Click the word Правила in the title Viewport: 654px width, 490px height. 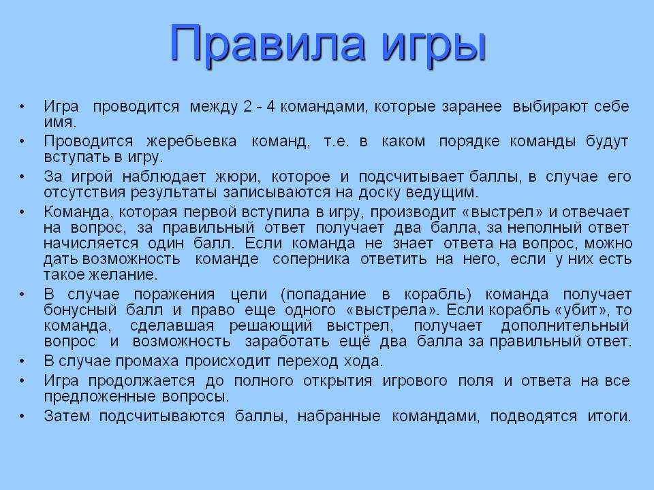[x=267, y=42]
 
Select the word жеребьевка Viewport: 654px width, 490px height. [x=191, y=142]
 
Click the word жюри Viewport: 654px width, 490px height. [x=237, y=177]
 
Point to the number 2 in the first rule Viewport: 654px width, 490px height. [x=247, y=106]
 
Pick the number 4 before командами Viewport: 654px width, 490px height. [x=270, y=106]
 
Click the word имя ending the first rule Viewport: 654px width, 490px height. [x=60, y=122]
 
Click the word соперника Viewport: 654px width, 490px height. [x=311, y=259]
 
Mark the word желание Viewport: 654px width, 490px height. [x=122, y=275]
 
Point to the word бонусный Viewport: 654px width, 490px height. [x=80, y=310]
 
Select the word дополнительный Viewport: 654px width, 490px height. [x=565, y=326]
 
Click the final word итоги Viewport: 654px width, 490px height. [x=609, y=416]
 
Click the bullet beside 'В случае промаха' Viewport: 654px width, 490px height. [x=22, y=361]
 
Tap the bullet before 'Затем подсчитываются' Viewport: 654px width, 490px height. [x=22, y=416]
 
